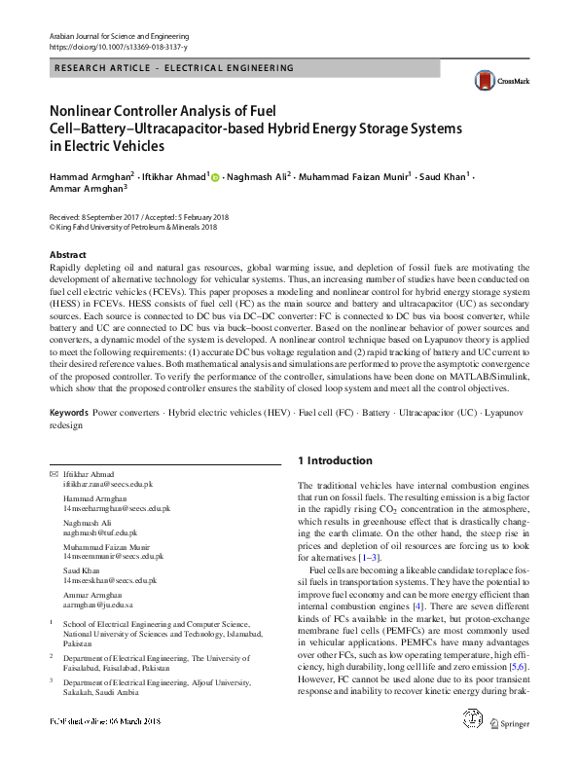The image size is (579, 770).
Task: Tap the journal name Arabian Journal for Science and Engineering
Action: [116, 35]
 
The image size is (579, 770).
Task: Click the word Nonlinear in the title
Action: [86, 111]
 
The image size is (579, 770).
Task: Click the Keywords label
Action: [68, 413]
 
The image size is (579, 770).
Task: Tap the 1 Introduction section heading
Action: [335, 460]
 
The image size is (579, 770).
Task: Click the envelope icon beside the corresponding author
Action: [53, 473]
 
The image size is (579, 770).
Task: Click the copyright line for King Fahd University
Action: [132, 227]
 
